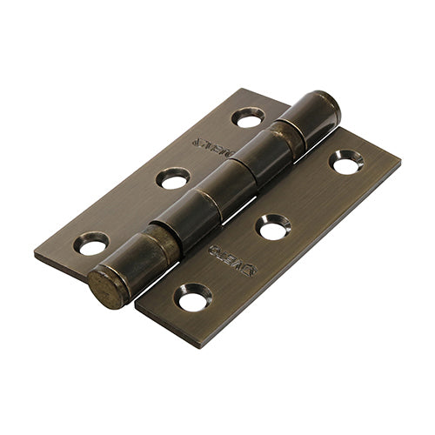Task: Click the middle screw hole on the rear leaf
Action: [173, 179]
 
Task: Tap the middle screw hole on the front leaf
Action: [272, 228]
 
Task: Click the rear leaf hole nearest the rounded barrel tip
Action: [248, 117]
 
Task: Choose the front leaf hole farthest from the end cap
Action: [345, 161]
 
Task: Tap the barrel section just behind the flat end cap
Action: [139, 261]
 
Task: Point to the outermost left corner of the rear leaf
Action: [35, 253]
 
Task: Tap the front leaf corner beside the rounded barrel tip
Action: [338, 129]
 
